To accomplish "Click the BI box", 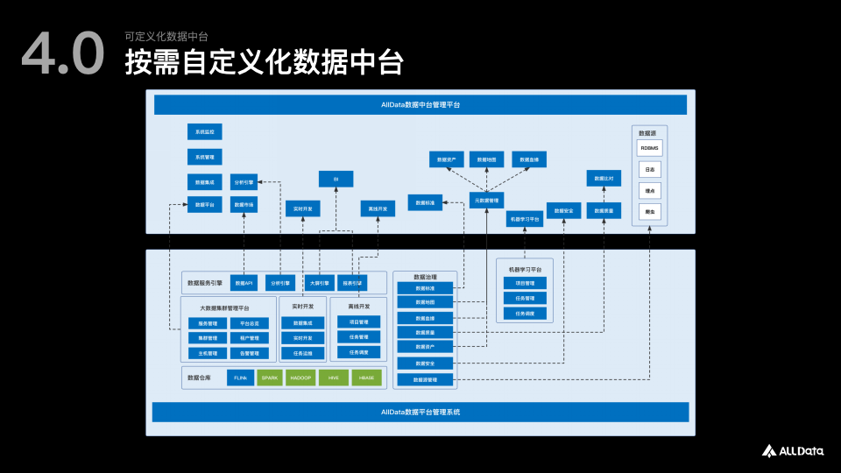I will pyautogui.click(x=336, y=179).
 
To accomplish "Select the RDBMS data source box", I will pyautogui.click(x=649, y=148).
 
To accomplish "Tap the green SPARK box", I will pyautogui.click(x=271, y=378).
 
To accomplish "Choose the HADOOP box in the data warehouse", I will pyautogui.click(x=301, y=378).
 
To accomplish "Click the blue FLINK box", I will pyautogui.click(x=240, y=378).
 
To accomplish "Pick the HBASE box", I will pyautogui.click(x=366, y=378).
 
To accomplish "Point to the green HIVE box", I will pyautogui.click(x=334, y=378).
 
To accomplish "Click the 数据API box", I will pyautogui.click(x=244, y=283).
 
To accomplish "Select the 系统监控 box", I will pyautogui.click(x=204, y=132).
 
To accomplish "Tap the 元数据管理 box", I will pyautogui.click(x=486, y=201).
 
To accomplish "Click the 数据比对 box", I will pyautogui.click(x=604, y=179).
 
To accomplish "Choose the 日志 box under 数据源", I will pyautogui.click(x=649, y=169).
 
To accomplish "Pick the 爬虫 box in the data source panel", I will pyautogui.click(x=649, y=211).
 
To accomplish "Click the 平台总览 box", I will pyautogui.click(x=249, y=323).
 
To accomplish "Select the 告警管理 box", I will pyautogui.click(x=249, y=354).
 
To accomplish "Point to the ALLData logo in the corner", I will pyautogui.click(x=792, y=450).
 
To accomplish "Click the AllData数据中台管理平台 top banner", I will pyautogui.click(x=420, y=104).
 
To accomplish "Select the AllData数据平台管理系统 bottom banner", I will pyautogui.click(x=420, y=412).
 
